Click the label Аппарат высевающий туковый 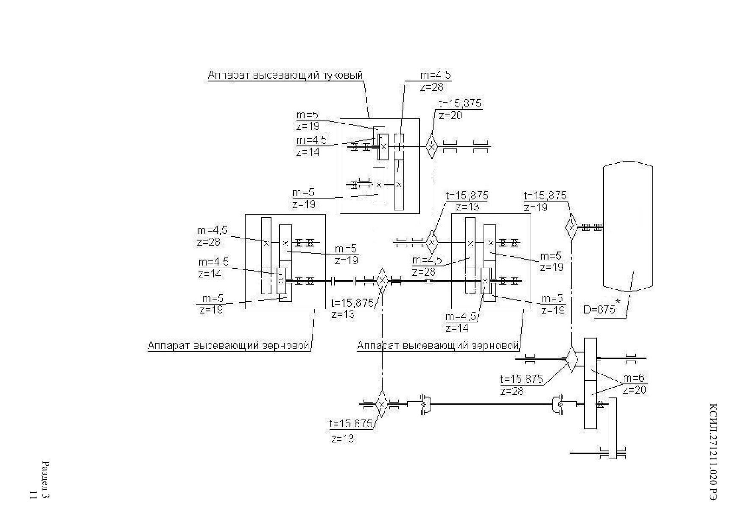click(285, 76)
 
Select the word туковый click(343, 76)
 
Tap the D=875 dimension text click(599, 310)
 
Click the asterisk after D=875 click(618, 302)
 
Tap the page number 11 click(32, 495)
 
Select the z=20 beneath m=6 click(635, 389)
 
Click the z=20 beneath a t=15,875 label click(450, 115)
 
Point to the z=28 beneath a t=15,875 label click(512, 391)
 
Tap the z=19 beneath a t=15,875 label click(536, 207)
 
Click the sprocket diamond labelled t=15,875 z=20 click(431, 146)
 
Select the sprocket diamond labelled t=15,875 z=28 click(572, 359)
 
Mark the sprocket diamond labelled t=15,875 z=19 click(571, 227)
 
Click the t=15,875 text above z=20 click(460, 104)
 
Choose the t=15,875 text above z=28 click(522, 379)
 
